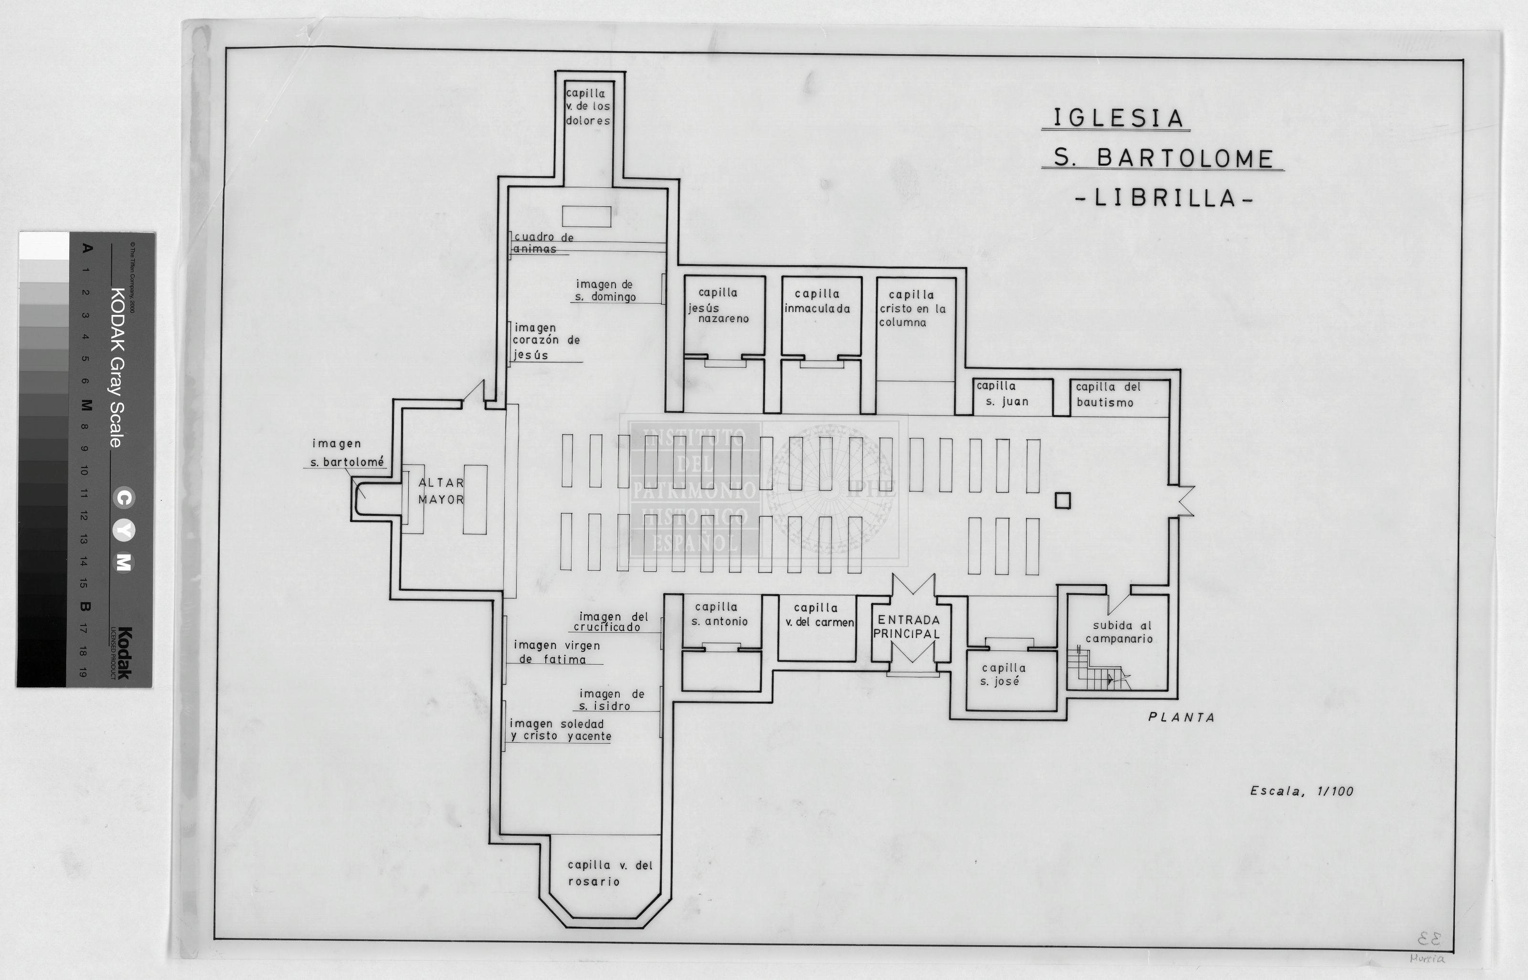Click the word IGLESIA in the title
click(1118, 118)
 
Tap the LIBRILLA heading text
click(1164, 198)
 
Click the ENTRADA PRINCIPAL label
click(907, 627)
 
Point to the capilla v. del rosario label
click(609, 873)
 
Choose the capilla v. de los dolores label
click(588, 107)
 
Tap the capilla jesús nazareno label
click(719, 306)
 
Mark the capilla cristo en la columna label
click(912, 309)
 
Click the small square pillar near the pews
click(1062, 501)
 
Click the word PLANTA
click(1181, 717)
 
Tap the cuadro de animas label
click(544, 243)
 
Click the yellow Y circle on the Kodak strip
click(124, 530)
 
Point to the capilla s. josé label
click(1003, 674)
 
